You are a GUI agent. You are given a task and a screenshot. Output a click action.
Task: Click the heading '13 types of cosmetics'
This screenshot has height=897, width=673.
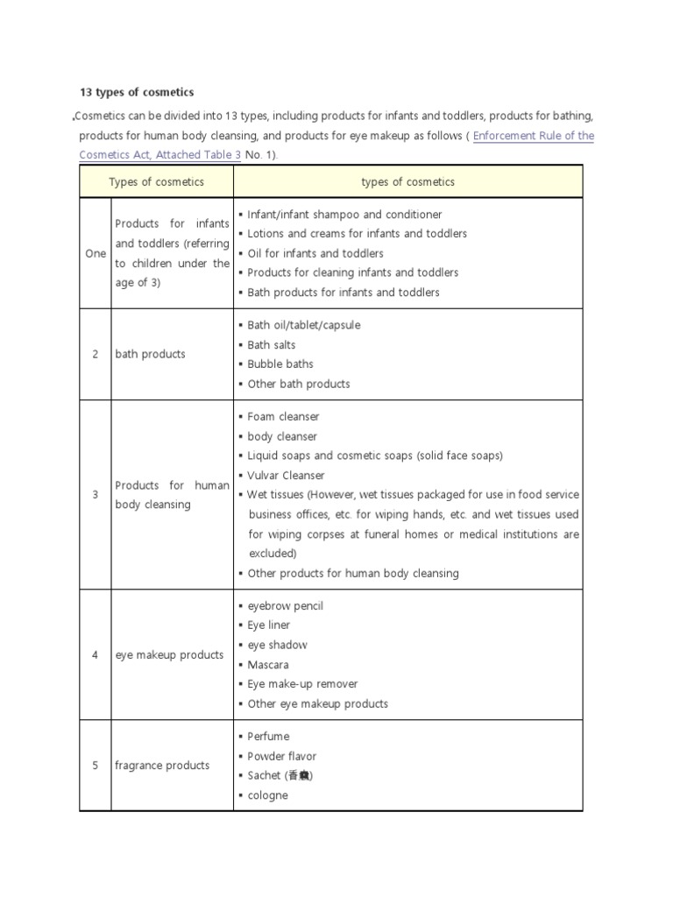coord(138,92)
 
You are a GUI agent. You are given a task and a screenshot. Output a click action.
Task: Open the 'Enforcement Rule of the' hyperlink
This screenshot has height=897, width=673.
coord(533,136)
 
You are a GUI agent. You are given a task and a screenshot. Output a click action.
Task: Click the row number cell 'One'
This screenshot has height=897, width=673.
coord(96,253)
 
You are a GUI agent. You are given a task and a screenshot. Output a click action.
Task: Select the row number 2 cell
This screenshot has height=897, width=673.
coord(96,354)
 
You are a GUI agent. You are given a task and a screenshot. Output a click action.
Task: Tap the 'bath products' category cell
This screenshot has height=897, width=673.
coord(150,354)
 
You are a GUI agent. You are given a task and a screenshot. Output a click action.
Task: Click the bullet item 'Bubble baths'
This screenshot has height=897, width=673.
coord(280,364)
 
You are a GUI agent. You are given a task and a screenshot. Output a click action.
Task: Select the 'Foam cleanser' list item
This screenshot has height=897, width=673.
coord(283,417)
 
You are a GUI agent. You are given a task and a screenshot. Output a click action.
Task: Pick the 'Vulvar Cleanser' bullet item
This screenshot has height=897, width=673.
coord(286,476)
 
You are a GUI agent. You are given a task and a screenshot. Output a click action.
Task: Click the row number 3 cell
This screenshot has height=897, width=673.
coord(96,495)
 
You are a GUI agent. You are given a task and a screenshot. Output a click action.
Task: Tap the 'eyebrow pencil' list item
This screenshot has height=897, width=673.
coord(285,606)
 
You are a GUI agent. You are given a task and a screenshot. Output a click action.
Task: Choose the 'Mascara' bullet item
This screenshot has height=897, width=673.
coord(267,665)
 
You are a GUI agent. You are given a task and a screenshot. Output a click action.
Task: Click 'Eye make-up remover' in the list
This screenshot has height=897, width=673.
coord(302,684)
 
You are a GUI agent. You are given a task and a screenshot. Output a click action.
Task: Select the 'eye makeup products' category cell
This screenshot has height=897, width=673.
coord(168,655)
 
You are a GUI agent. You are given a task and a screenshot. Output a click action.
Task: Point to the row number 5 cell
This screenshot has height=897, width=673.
coord(96,766)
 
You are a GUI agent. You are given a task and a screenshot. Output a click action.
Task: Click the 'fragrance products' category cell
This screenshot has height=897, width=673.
coord(162,766)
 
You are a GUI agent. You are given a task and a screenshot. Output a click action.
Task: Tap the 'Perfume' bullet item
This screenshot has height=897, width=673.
coord(268,737)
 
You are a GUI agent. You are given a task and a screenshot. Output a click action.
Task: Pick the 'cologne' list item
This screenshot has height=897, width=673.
coord(267,795)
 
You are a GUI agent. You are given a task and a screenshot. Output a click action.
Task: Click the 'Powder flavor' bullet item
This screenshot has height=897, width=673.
coord(281,756)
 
